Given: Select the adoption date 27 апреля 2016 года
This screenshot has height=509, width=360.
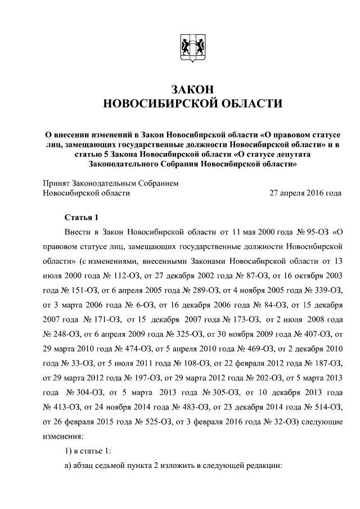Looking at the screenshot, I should [305, 193].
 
